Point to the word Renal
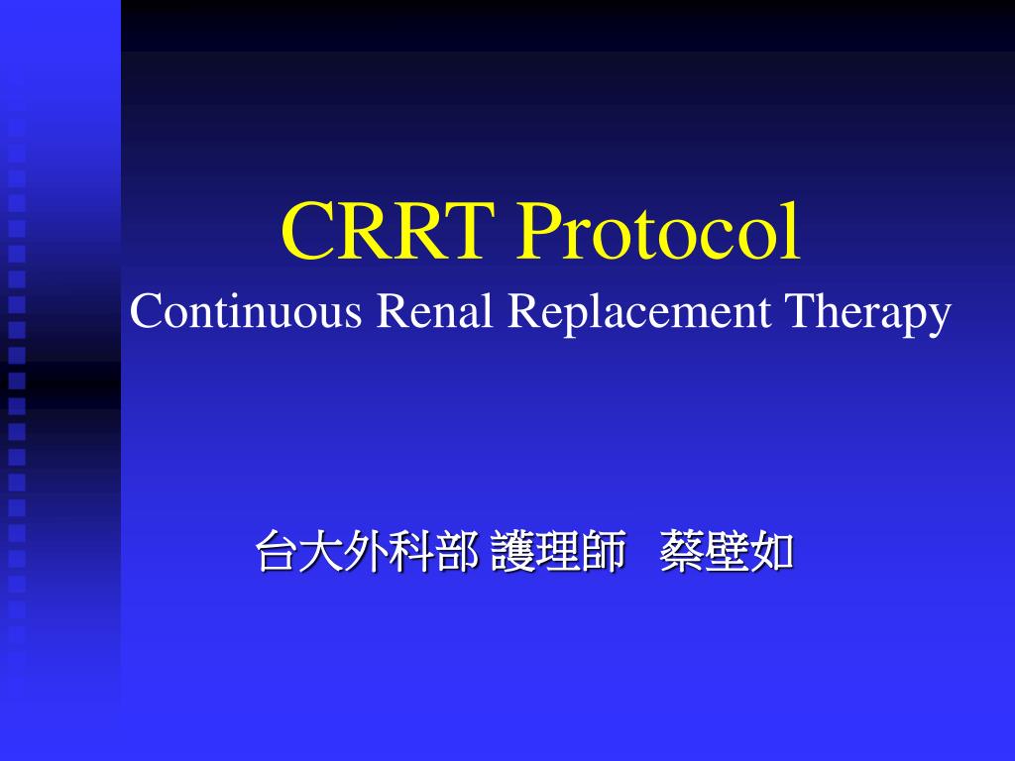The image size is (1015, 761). pos(436,312)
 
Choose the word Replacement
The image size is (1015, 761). pos(641,312)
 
